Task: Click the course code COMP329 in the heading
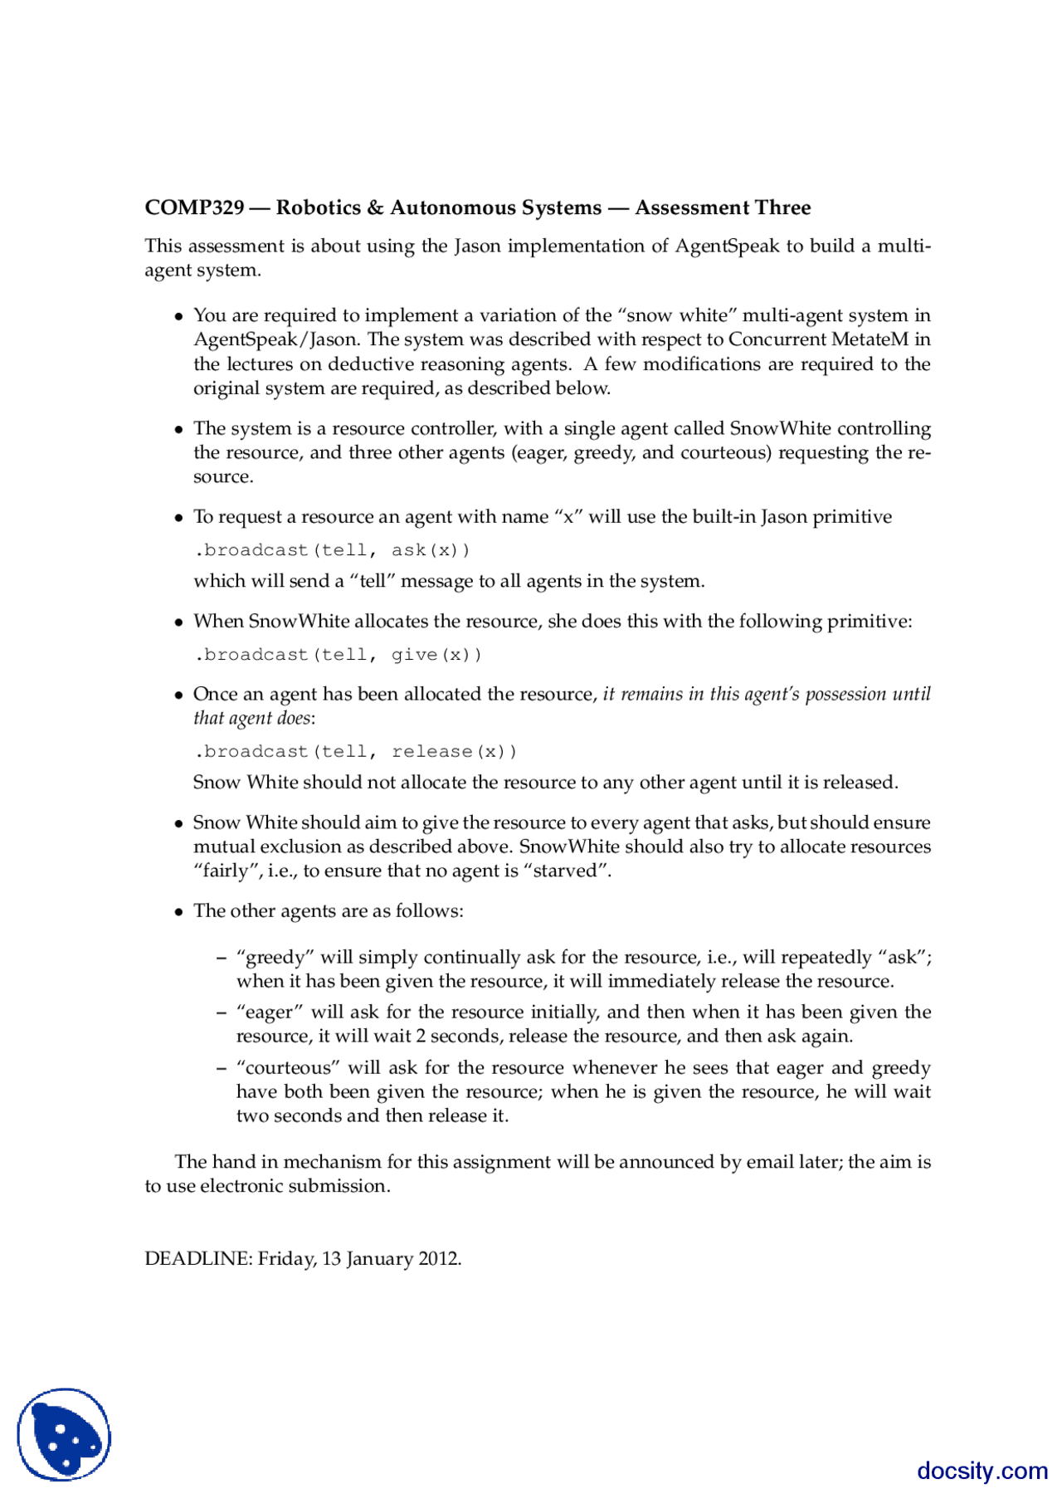point(194,207)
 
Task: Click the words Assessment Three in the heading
point(723,207)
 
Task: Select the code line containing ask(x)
point(332,550)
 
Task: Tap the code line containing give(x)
point(338,655)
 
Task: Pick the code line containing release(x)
point(355,752)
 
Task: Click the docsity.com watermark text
point(982,1471)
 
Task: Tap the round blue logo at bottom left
point(64,1434)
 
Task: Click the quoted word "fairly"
point(225,871)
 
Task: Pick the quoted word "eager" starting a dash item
point(270,1013)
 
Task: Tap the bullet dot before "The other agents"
point(178,912)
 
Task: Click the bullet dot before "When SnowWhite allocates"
point(178,622)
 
